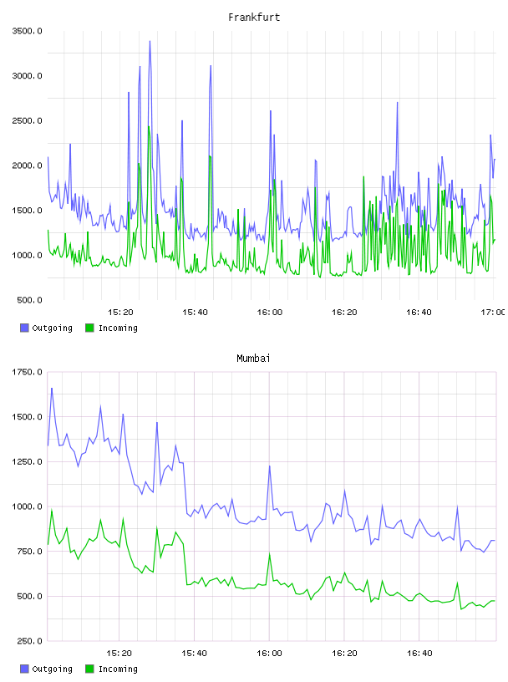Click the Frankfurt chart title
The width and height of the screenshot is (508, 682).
click(x=254, y=17)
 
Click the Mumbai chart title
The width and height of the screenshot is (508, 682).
click(x=253, y=358)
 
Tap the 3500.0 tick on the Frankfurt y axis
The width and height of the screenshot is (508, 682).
click(x=27, y=31)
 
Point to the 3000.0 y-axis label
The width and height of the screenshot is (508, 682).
click(x=27, y=76)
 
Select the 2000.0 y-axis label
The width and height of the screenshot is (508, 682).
click(x=27, y=165)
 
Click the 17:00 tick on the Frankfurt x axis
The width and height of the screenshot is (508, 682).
click(x=493, y=312)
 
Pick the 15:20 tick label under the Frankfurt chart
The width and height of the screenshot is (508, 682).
click(x=120, y=312)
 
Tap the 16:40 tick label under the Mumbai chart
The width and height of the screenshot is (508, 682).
click(x=419, y=653)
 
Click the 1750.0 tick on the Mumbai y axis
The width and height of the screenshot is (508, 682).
click(x=27, y=372)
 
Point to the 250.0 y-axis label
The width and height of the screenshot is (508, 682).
click(x=29, y=641)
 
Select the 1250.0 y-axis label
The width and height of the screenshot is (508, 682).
click(x=27, y=461)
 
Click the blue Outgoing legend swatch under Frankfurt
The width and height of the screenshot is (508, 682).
click(x=24, y=328)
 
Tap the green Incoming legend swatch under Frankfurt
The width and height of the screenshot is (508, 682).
click(x=89, y=328)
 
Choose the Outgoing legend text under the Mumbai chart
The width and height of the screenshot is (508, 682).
click(x=52, y=669)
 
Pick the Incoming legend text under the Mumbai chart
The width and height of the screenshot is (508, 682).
click(x=118, y=669)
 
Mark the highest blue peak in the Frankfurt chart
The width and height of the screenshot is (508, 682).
click(x=150, y=41)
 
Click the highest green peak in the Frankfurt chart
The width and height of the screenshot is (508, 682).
click(x=149, y=126)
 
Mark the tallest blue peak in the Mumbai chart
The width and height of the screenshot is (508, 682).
click(x=52, y=388)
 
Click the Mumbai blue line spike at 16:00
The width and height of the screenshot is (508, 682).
click(x=270, y=466)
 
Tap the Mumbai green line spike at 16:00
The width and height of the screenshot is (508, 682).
click(x=270, y=553)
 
